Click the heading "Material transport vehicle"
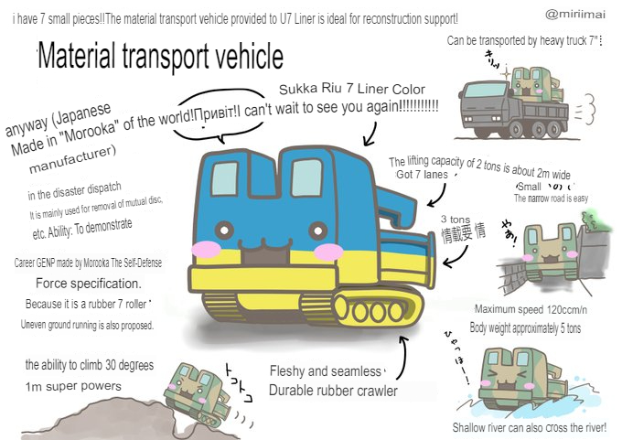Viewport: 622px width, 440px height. click(161, 57)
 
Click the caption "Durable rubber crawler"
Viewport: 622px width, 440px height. click(333, 391)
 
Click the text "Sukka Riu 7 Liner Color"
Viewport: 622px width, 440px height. click(352, 90)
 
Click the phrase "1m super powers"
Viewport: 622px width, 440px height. click(73, 386)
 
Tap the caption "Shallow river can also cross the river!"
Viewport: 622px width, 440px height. click(535, 427)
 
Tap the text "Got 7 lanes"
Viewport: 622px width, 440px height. click(423, 174)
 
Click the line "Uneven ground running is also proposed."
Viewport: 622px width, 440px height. click(87, 325)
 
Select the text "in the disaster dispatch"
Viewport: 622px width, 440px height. click(75, 195)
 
